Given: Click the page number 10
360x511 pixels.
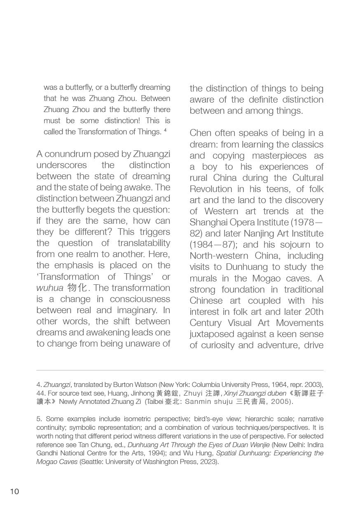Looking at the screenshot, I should coord(14,491).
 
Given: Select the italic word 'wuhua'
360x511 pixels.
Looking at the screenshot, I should coord(49,288).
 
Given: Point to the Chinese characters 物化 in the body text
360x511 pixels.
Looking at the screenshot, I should coord(77,288).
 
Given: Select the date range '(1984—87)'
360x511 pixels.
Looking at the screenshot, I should coord(213,245).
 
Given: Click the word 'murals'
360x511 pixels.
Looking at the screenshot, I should coord(206,278).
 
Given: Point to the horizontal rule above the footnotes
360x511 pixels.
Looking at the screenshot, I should coord(180,370).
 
